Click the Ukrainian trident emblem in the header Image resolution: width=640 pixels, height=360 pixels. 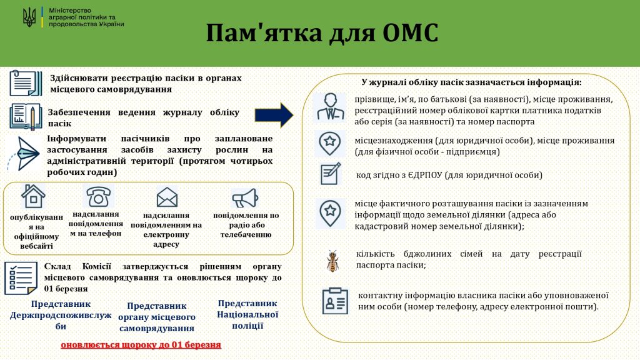[x=29, y=17]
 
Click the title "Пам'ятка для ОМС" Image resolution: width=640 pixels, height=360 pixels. [x=322, y=32]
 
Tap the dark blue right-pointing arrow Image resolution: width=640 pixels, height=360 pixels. [x=274, y=116]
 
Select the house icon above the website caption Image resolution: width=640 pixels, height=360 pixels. [x=33, y=196]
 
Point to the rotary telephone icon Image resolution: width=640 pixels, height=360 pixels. [x=98, y=196]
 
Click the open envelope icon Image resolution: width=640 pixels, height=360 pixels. [x=167, y=197]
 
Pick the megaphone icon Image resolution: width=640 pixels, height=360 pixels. [x=245, y=198]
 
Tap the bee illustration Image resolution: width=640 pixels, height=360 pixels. [x=332, y=261]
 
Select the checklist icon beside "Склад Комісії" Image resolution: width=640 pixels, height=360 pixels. [x=21, y=278]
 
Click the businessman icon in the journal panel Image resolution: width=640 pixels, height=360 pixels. [x=330, y=107]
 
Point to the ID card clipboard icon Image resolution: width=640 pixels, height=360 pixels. [x=335, y=301]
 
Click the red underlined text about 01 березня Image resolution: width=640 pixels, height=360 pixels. [x=141, y=345]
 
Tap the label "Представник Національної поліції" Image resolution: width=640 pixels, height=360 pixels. [x=247, y=315]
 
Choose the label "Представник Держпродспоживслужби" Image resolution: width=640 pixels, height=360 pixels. [x=61, y=315]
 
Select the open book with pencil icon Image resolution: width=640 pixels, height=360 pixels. [x=26, y=117]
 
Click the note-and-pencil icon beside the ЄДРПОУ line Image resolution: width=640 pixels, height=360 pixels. [x=331, y=174]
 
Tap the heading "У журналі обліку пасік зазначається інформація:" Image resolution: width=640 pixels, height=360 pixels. [x=471, y=82]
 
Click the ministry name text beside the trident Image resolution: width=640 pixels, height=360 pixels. [x=86, y=17]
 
